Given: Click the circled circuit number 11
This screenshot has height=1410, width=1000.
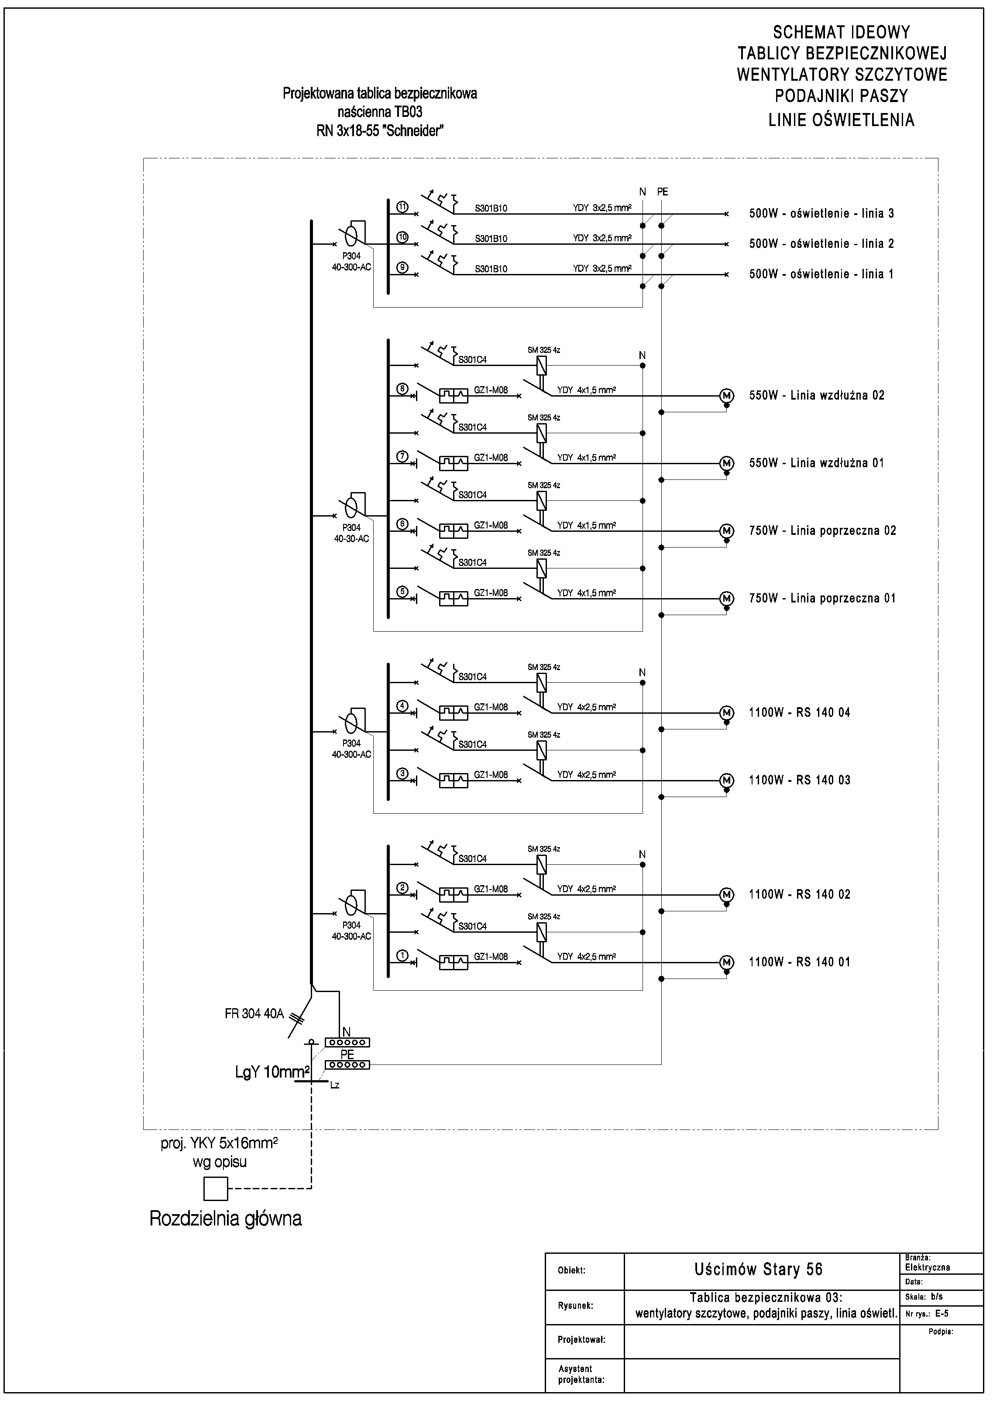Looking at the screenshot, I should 403,207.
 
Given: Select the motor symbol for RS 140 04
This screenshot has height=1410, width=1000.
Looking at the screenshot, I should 727,713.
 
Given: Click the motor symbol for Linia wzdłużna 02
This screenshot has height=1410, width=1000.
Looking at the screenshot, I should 727,395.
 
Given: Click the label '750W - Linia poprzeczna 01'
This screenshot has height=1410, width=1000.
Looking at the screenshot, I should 822,598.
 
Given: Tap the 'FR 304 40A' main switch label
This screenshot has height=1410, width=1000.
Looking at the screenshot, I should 254,1013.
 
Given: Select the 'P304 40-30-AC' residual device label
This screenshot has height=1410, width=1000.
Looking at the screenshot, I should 351,533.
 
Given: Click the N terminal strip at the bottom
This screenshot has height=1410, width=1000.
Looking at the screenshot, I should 347,1043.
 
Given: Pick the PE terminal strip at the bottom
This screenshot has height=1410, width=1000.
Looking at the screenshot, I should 347,1065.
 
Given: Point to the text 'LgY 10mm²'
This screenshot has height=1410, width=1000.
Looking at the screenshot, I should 271,1073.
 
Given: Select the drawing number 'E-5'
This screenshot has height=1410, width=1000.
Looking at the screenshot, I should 942,1314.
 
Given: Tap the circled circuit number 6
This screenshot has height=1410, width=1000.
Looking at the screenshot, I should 403,524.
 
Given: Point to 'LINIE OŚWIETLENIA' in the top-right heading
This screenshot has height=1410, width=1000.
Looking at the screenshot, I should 841,120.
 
